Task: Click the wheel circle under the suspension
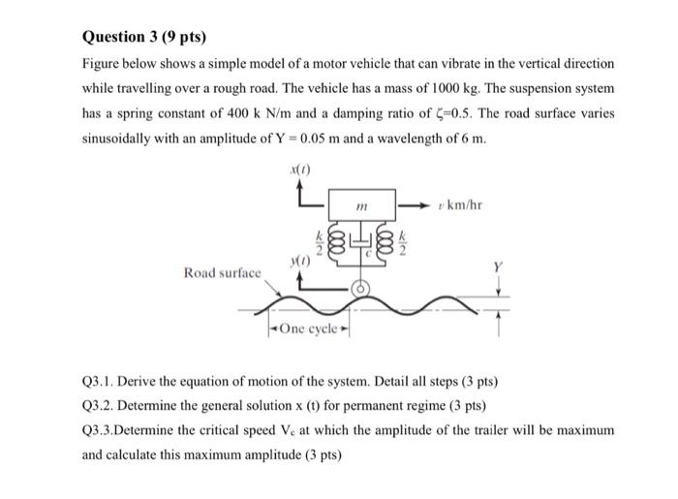tap(359, 288)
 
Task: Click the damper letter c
tap(366, 252)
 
